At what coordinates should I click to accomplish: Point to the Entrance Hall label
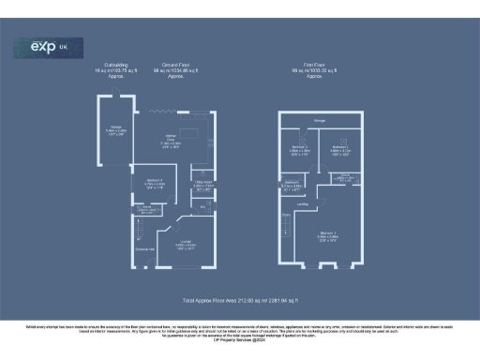pos(145,249)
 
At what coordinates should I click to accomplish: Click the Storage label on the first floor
pos(320,120)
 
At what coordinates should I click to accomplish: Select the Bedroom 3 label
pos(299,150)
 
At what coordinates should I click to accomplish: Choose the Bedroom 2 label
pos(339,150)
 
